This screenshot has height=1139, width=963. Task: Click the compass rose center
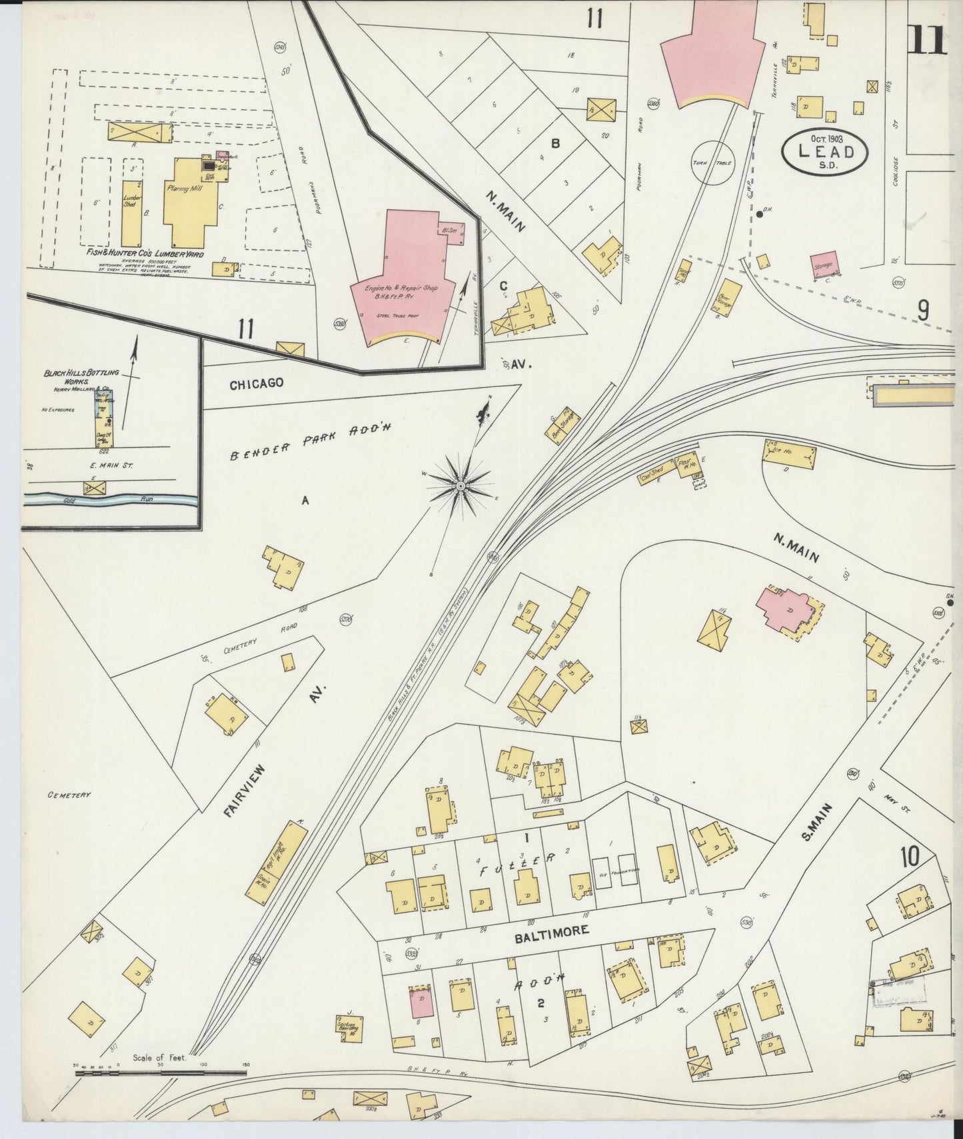click(x=460, y=488)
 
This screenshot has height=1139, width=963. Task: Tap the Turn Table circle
click(x=714, y=162)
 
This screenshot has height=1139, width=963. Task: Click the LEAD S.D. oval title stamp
click(x=826, y=152)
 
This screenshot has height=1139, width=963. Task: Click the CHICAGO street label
click(x=257, y=384)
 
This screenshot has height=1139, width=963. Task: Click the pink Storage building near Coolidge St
click(x=824, y=264)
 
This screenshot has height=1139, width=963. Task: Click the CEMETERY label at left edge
click(x=69, y=795)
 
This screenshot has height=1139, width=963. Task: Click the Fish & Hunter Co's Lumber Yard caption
click(x=139, y=255)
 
